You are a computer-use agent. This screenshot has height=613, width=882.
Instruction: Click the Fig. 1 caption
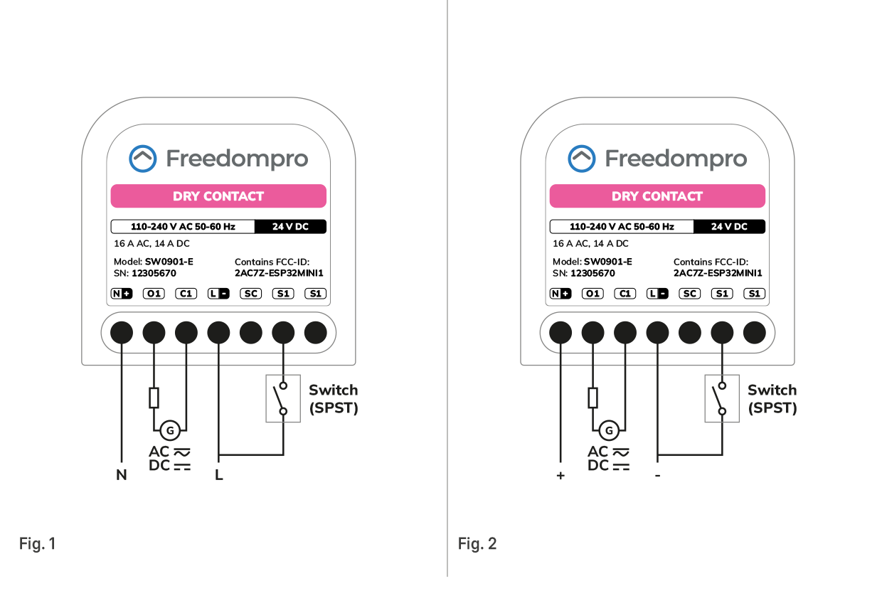click(x=37, y=544)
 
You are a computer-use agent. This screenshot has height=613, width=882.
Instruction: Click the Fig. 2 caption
click(x=477, y=544)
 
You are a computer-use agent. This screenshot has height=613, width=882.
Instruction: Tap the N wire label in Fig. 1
click(x=122, y=475)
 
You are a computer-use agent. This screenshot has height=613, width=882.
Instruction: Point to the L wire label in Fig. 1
click(x=219, y=475)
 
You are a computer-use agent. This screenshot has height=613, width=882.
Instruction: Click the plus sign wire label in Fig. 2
click(x=560, y=475)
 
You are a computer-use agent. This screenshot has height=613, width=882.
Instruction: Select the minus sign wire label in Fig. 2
click(x=658, y=475)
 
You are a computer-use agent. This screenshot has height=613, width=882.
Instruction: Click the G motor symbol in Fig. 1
click(x=169, y=430)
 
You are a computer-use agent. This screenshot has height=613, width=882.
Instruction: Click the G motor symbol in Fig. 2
click(x=608, y=430)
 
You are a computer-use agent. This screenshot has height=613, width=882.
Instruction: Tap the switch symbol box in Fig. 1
click(x=283, y=399)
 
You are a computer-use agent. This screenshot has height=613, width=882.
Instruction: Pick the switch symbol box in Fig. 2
click(x=722, y=399)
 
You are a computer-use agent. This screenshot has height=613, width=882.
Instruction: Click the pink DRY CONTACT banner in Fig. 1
click(x=218, y=196)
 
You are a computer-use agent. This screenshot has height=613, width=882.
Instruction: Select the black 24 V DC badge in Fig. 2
click(x=730, y=227)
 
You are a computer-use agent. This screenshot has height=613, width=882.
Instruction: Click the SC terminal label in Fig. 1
click(x=250, y=294)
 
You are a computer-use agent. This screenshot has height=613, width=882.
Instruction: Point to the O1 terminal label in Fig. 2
click(x=593, y=294)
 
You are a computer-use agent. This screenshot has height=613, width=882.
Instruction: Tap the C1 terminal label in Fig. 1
click(x=186, y=294)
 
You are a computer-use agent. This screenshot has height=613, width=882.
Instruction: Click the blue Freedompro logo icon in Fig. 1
click(x=142, y=159)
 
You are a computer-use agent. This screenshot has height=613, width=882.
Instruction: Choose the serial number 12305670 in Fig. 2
click(x=593, y=273)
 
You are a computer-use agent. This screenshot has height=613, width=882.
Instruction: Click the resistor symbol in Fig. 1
click(x=154, y=398)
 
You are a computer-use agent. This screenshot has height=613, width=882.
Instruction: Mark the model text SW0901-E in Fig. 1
click(x=169, y=262)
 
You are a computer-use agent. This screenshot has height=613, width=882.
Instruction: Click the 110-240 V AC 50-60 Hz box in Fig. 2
click(x=622, y=227)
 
